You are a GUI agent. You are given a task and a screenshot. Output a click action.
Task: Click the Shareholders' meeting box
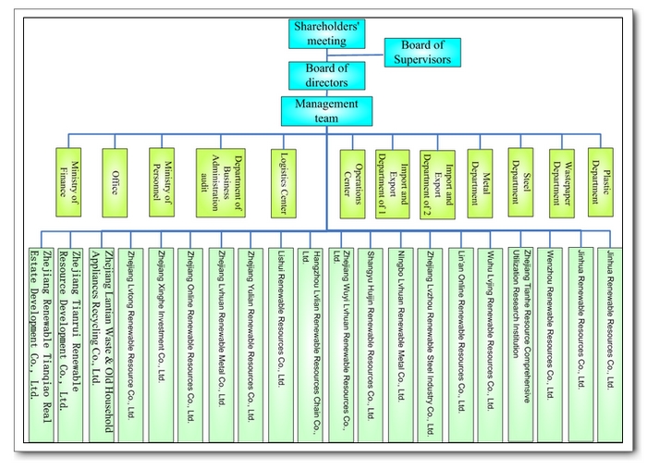click(326, 34)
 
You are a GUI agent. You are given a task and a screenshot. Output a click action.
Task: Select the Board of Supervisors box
click(422, 52)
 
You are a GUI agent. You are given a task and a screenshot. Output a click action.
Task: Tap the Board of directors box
click(326, 74)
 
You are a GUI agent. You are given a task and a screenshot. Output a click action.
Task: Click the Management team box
click(326, 111)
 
